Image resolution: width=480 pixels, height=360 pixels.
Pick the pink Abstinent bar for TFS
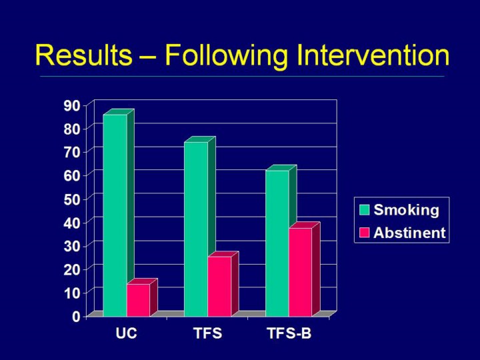223,284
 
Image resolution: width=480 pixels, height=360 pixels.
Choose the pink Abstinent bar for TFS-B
304,270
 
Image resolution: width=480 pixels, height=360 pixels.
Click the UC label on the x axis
126,333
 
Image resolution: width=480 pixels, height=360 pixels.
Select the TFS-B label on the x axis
289,333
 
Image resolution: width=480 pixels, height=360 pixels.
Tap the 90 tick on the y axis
72,105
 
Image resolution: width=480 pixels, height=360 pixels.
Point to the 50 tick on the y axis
72,199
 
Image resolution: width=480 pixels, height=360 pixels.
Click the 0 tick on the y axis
76,316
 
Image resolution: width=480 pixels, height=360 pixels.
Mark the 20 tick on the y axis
72,269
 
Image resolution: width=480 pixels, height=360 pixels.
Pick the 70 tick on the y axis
72,152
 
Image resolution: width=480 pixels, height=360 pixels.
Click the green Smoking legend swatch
364,210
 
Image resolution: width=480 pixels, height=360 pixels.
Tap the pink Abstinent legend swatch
364,233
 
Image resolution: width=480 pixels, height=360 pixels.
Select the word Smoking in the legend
406,210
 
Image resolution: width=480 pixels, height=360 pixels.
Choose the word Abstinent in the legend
409,233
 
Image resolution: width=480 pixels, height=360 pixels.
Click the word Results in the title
83,55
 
